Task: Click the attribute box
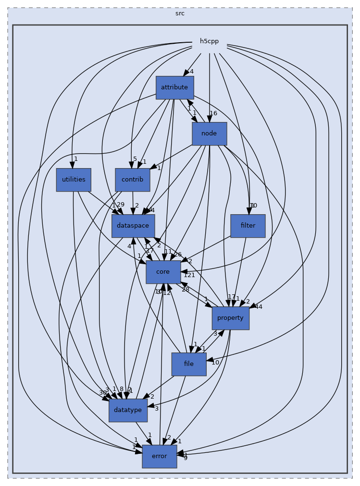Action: (174, 88)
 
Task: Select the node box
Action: (209, 134)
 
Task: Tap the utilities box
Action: (74, 180)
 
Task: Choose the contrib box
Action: (132, 180)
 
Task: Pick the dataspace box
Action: (133, 226)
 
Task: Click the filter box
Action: (248, 226)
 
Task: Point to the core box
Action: (163, 272)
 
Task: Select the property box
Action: (230, 318)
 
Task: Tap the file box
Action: (189, 364)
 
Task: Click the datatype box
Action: (127, 410)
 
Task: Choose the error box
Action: (159, 456)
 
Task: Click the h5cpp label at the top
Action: (209, 41)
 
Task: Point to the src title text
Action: (180, 13)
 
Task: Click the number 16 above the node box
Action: (213, 113)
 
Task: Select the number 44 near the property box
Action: (258, 306)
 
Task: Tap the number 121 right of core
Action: (189, 275)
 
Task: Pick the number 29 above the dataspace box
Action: (120, 205)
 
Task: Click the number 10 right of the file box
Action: (215, 363)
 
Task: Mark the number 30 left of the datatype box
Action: (102, 393)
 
